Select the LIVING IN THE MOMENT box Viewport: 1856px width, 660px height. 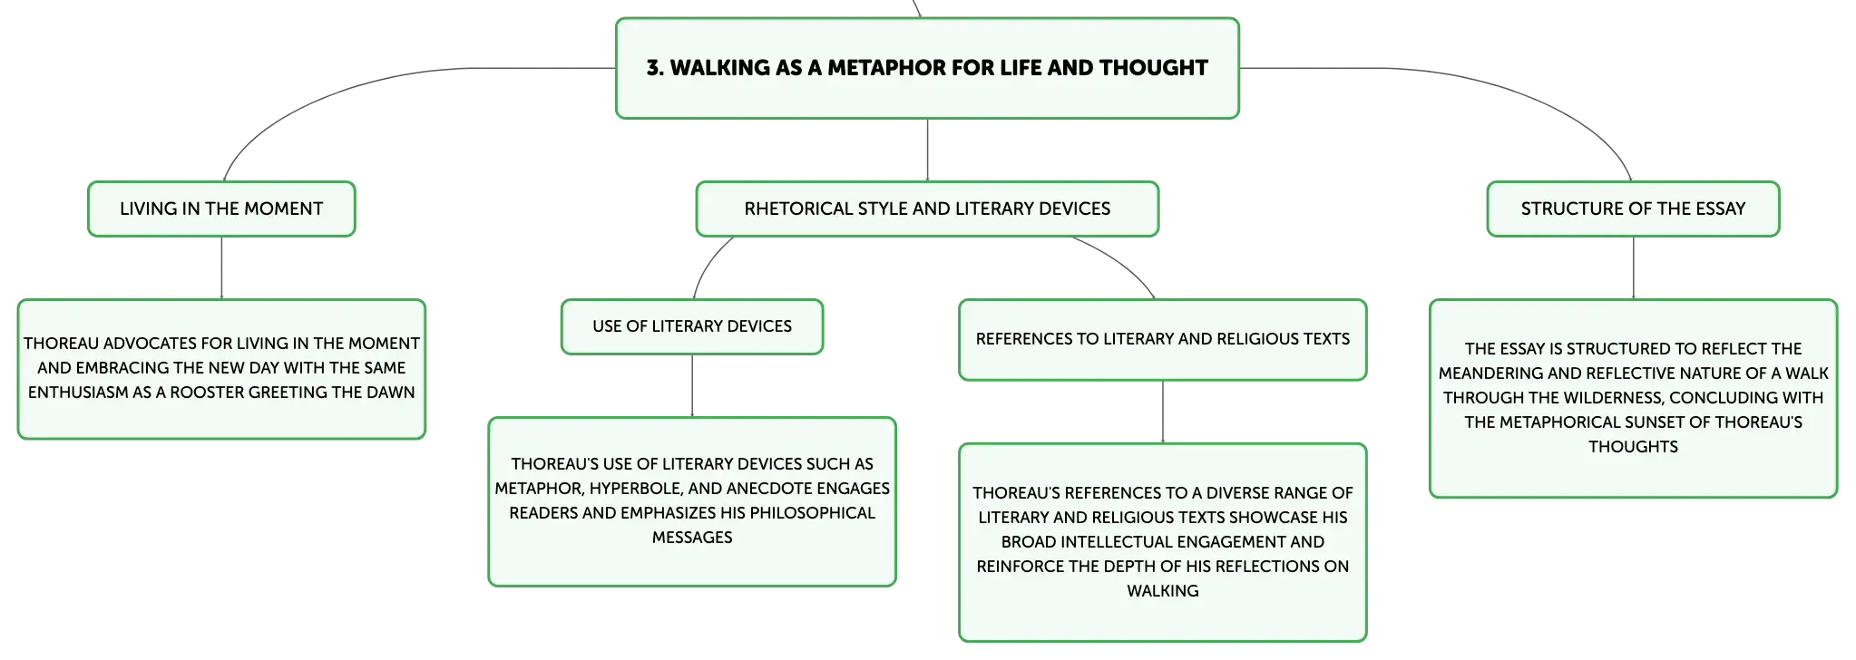pyautogui.click(x=221, y=209)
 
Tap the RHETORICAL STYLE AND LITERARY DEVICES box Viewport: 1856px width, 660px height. pyautogui.click(x=927, y=209)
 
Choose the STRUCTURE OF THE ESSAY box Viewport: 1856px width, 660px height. pyautogui.click(x=1633, y=209)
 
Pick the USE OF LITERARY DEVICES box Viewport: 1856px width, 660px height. pyautogui.click(x=692, y=326)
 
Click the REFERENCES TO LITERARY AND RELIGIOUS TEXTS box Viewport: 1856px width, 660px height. pyautogui.click(x=1163, y=339)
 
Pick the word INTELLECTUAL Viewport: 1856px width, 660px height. pyautogui.click(x=1118, y=542)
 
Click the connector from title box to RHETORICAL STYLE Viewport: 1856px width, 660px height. pyautogui.click(x=927, y=150)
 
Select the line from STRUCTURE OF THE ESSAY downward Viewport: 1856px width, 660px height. pyautogui.click(x=1633, y=268)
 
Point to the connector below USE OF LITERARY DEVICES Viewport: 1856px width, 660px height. pyautogui.click(x=692, y=386)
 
